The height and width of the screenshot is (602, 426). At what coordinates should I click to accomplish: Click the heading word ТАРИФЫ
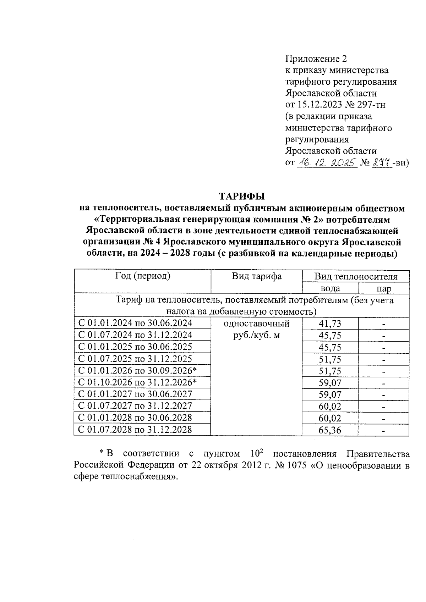coord(242,196)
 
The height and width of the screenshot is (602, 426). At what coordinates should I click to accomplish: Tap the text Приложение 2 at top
coord(316,59)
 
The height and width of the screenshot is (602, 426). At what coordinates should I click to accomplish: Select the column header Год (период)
coord(143,276)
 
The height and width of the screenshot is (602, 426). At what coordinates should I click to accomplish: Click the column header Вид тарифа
coord(257,276)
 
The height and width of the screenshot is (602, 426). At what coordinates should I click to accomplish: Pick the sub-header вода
coord(330,288)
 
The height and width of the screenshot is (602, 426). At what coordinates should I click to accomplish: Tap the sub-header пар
coord(384,288)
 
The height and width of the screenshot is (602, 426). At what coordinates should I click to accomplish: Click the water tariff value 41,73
coord(330,324)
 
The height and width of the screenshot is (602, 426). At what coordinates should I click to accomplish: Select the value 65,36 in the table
coord(330,430)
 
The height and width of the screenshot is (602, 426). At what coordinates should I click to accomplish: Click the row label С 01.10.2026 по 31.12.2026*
coord(137,382)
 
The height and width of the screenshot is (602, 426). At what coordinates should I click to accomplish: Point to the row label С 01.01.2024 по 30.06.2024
coord(135,323)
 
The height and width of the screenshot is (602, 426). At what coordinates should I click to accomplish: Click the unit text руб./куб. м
coord(256,335)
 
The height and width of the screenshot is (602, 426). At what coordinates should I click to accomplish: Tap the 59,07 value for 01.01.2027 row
coord(330,394)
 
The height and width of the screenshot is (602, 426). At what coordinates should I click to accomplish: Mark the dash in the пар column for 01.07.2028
coord(384,431)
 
